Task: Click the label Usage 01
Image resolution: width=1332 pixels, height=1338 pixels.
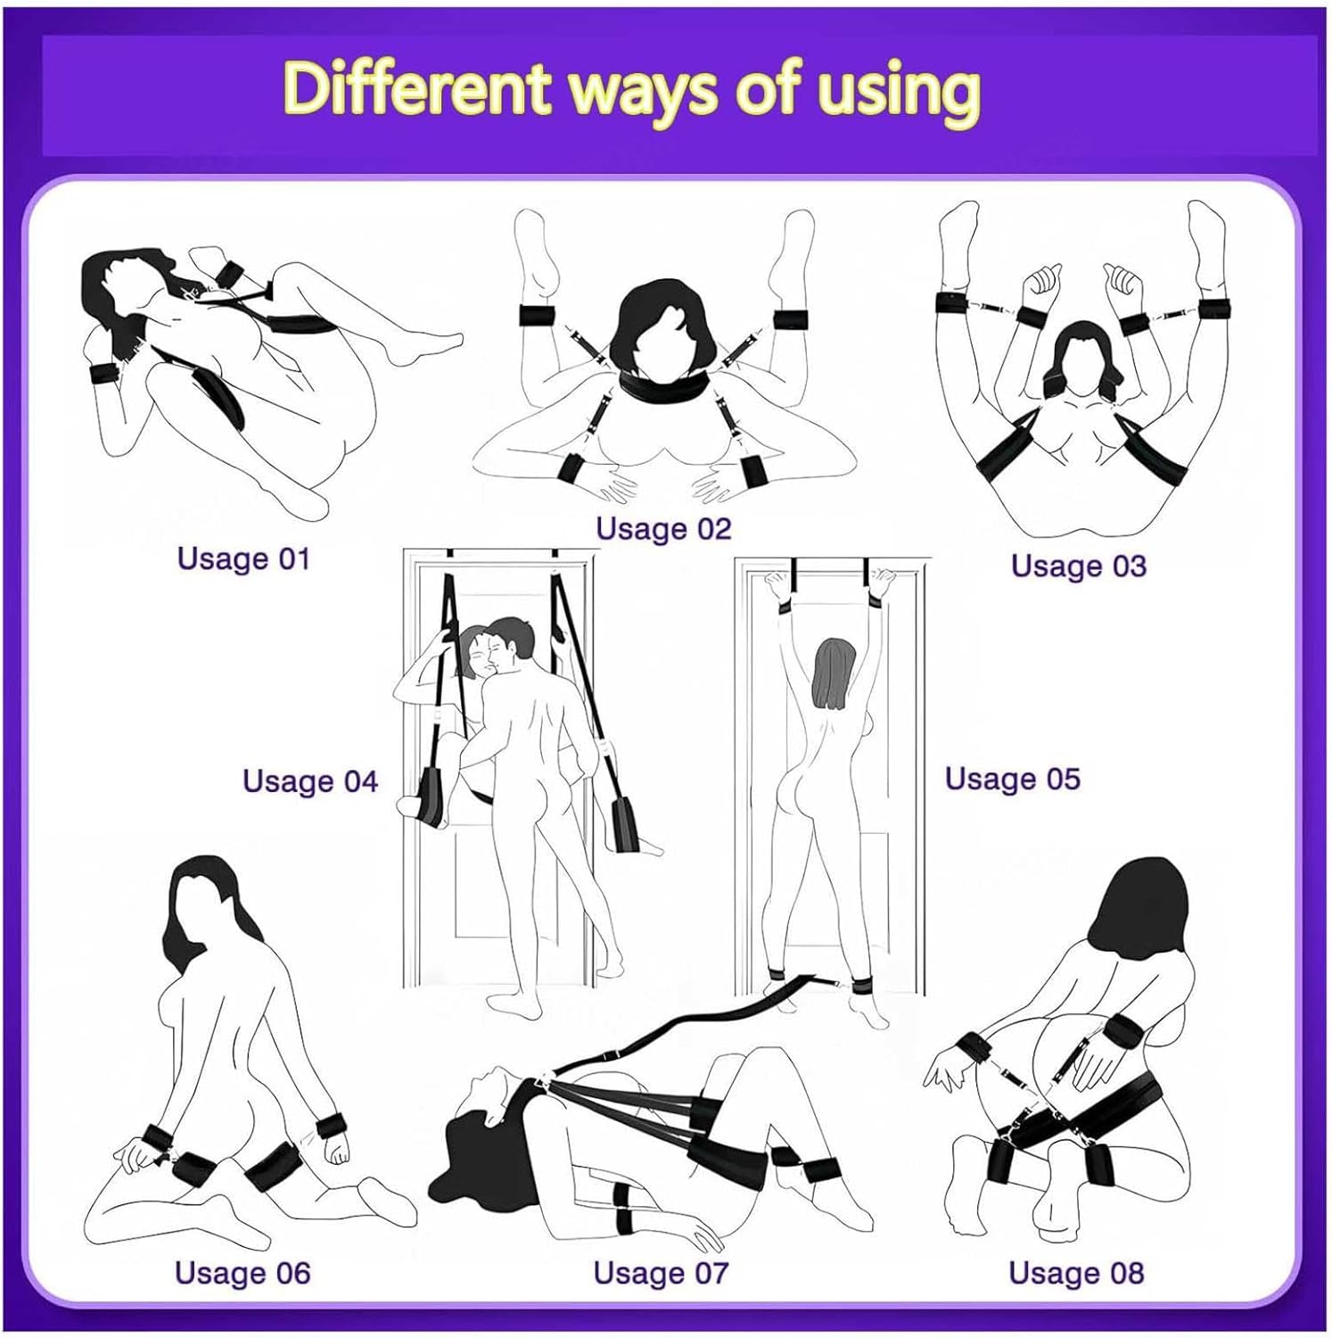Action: pos(243,559)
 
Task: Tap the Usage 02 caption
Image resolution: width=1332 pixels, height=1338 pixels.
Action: pos(663,529)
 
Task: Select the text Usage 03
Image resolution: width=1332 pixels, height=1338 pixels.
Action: pos(1078,566)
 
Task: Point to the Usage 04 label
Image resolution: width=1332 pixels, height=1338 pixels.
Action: pos(310,781)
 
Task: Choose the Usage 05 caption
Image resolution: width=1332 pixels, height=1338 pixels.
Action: pos(1012,779)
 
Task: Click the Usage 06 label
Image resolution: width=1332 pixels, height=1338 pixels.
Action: pos(243,1273)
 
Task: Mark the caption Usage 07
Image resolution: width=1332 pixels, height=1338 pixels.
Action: pos(661,1273)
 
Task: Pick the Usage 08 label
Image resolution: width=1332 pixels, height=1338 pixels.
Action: pos(1076,1273)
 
